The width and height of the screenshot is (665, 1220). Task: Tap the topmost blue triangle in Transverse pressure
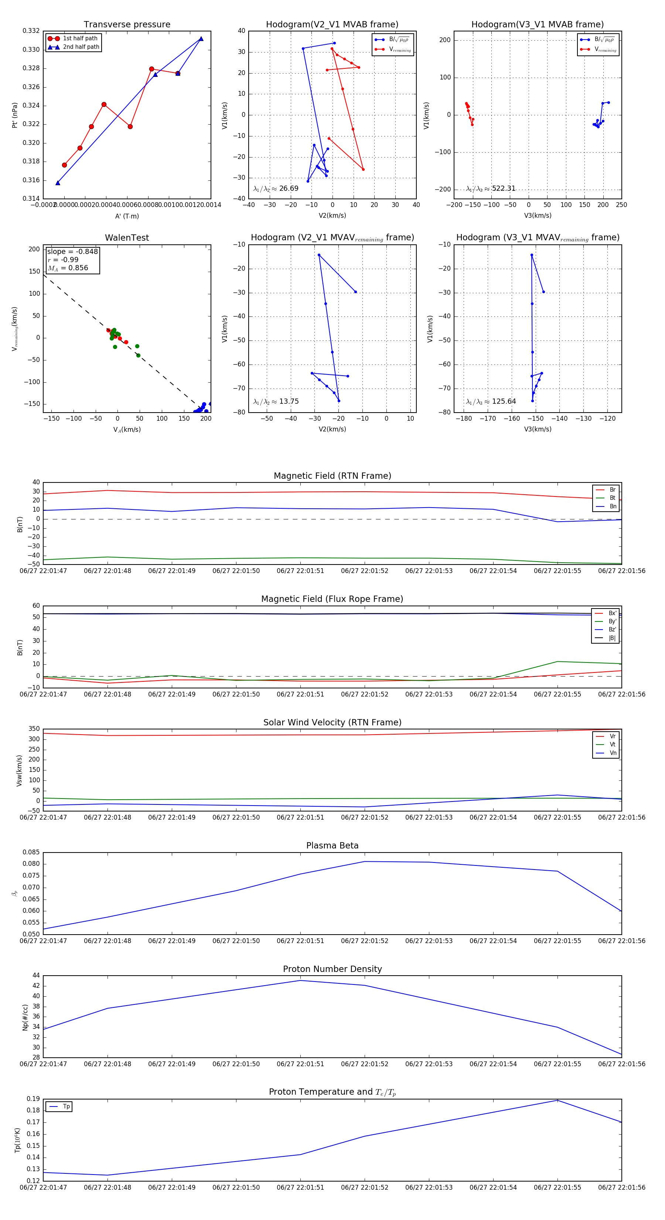[201, 39]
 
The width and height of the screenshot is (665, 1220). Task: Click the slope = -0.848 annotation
[72, 251]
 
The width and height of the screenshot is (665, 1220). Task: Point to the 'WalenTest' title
[127, 238]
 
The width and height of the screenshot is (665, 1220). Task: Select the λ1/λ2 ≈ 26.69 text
[276, 189]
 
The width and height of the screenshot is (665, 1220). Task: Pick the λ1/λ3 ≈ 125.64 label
[491, 401]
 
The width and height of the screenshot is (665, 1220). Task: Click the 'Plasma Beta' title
[332, 846]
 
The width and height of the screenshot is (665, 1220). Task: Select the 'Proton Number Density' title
[332, 969]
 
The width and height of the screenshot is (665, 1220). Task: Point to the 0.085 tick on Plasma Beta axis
[31, 853]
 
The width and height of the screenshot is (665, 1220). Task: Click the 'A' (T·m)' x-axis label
[127, 216]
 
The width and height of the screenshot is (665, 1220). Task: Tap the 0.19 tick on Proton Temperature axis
[33, 1099]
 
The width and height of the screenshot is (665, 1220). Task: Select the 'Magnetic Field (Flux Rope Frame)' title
[332, 599]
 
